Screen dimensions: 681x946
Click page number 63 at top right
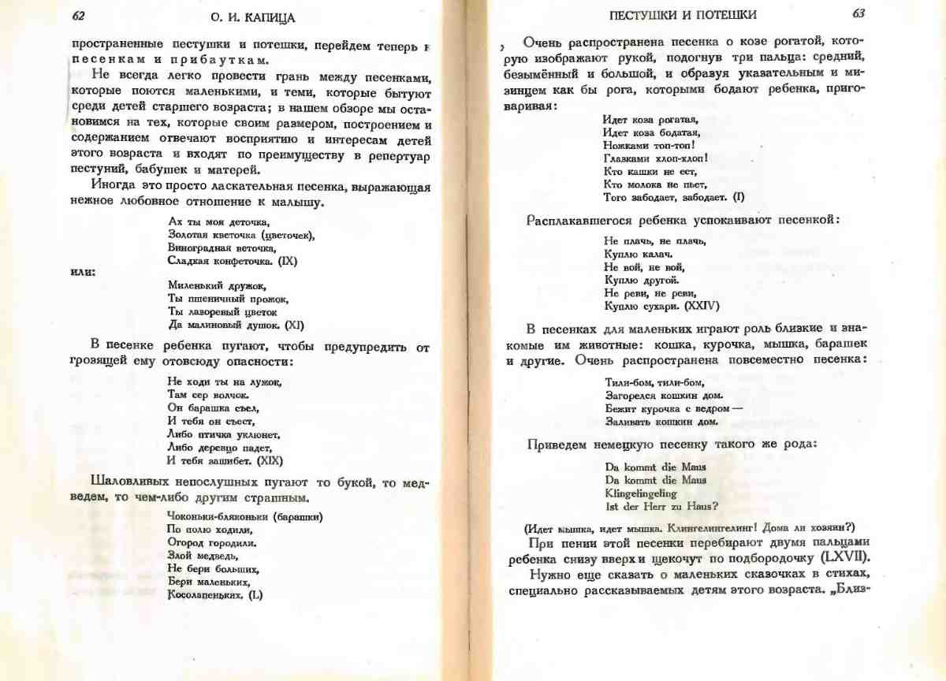(x=858, y=14)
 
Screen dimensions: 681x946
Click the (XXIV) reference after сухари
(x=701, y=306)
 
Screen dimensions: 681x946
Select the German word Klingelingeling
(x=640, y=493)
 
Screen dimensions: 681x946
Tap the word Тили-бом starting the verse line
(x=624, y=381)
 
